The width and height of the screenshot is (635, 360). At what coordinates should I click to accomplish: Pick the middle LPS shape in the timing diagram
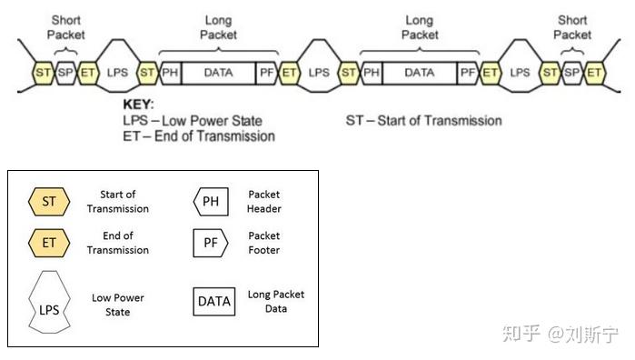[318, 70]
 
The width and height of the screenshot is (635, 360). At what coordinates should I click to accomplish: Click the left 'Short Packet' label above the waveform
[67, 27]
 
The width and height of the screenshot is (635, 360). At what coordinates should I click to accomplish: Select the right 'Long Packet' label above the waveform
[419, 27]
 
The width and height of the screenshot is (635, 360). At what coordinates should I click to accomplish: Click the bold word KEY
[138, 105]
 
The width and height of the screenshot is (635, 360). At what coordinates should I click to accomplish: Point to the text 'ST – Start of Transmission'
[423, 120]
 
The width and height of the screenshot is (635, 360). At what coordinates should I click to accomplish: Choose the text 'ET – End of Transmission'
[198, 136]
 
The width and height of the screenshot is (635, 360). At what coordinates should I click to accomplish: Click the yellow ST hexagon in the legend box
[49, 201]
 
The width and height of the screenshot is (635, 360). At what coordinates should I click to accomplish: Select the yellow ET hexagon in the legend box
[49, 243]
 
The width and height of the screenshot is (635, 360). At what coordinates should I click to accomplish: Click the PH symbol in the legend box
[210, 201]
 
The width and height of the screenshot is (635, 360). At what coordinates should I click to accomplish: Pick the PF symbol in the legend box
[210, 243]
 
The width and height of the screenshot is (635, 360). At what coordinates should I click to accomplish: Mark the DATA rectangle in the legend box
[214, 301]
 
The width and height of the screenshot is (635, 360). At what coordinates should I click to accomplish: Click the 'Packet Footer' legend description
[265, 243]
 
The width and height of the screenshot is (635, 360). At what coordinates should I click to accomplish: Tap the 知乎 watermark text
[521, 333]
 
